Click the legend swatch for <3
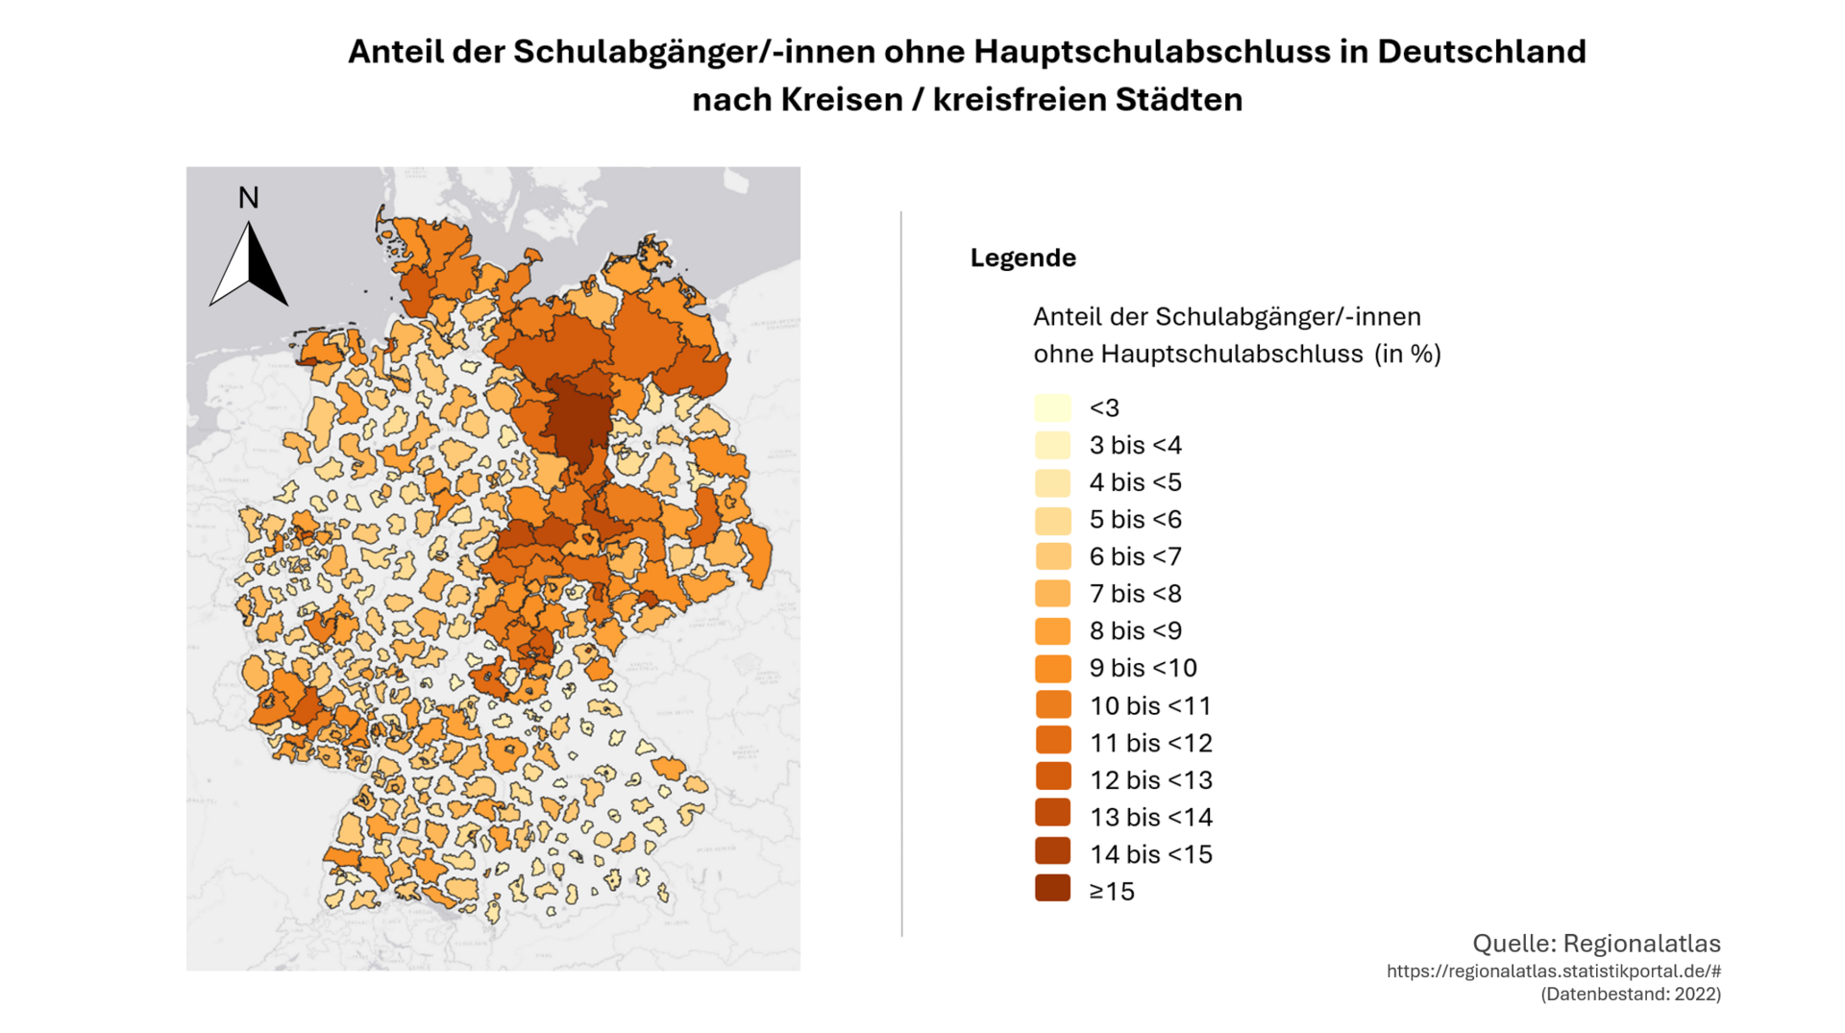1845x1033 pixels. [x=1052, y=407]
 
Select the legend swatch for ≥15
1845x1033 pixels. [x=1052, y=890]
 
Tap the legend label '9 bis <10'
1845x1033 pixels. [x=1143, y=668]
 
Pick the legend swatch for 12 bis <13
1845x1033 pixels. [x=1052, y=778]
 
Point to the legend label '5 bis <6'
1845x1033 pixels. [x=1135, y=520]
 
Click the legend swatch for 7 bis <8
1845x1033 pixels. [x=1052, y=593]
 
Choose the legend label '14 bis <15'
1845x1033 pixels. [x=1150, y=854]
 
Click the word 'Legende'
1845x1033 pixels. [x=1022, y=258]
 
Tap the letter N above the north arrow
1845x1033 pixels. [x=248, y=198]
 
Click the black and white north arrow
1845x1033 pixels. [x=249, y=266]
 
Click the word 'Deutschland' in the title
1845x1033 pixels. [x=1481, y=52]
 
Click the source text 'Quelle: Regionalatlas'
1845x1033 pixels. [x=1596, y=943]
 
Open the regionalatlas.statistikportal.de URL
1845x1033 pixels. [x=1553, y=972]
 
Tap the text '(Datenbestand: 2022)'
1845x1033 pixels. [x=1631, y=995]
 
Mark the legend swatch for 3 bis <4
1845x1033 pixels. [x=1052, y=445]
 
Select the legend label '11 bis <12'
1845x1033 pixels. [x=1150, y=743]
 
